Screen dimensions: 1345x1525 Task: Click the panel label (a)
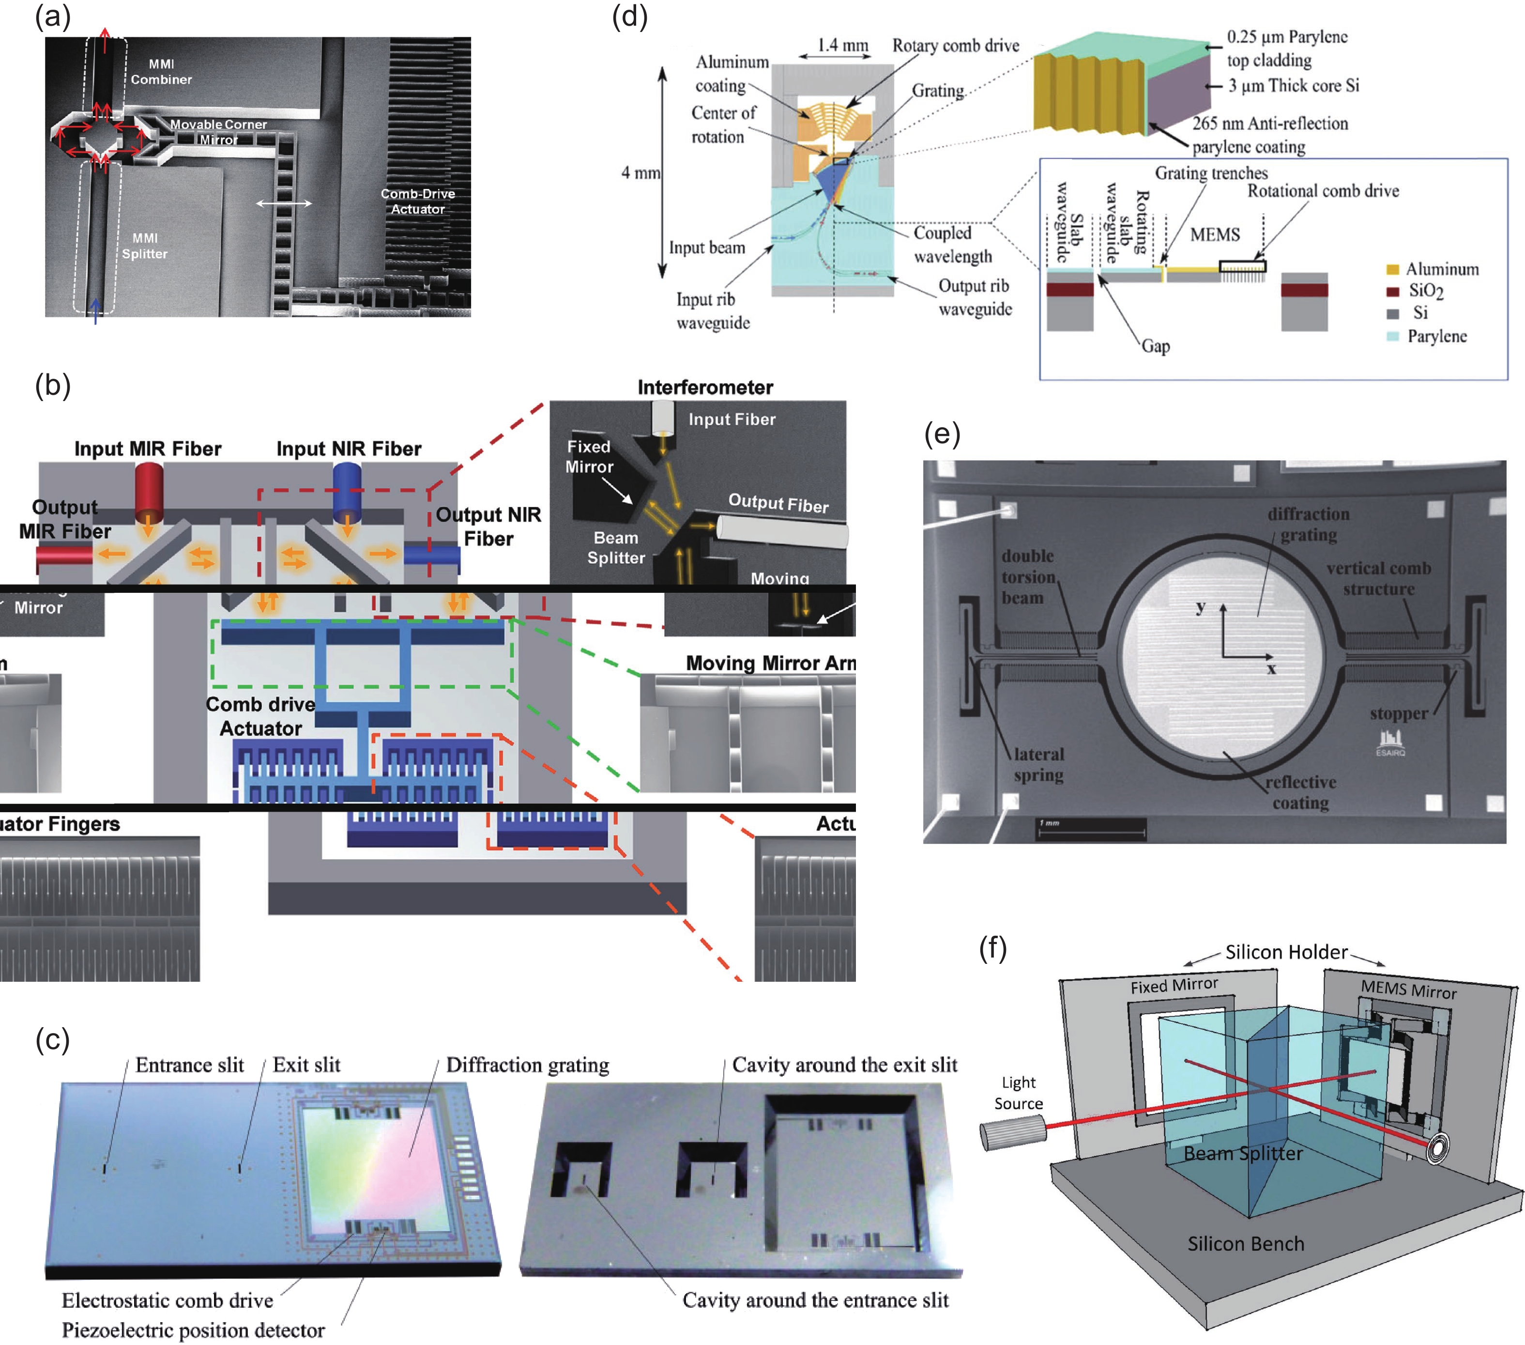tap(52, 16)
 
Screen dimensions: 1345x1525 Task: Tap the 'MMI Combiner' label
tap(161, 72)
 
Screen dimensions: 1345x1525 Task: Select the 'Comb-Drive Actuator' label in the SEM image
tap(418, 201)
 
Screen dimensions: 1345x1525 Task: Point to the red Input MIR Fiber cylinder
tap(149, 493)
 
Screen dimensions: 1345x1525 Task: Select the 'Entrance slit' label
tap(189, 1065)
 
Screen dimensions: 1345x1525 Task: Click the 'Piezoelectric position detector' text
tap(193, 1330)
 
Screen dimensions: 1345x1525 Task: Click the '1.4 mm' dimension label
tap(843, 46)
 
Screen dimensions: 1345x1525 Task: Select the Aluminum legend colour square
tap(1392, 269)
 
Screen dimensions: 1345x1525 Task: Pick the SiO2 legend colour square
tap(1392, 291)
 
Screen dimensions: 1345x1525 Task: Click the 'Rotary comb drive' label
tap(956, 46)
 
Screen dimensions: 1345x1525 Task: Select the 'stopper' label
tap(1398, 713)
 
